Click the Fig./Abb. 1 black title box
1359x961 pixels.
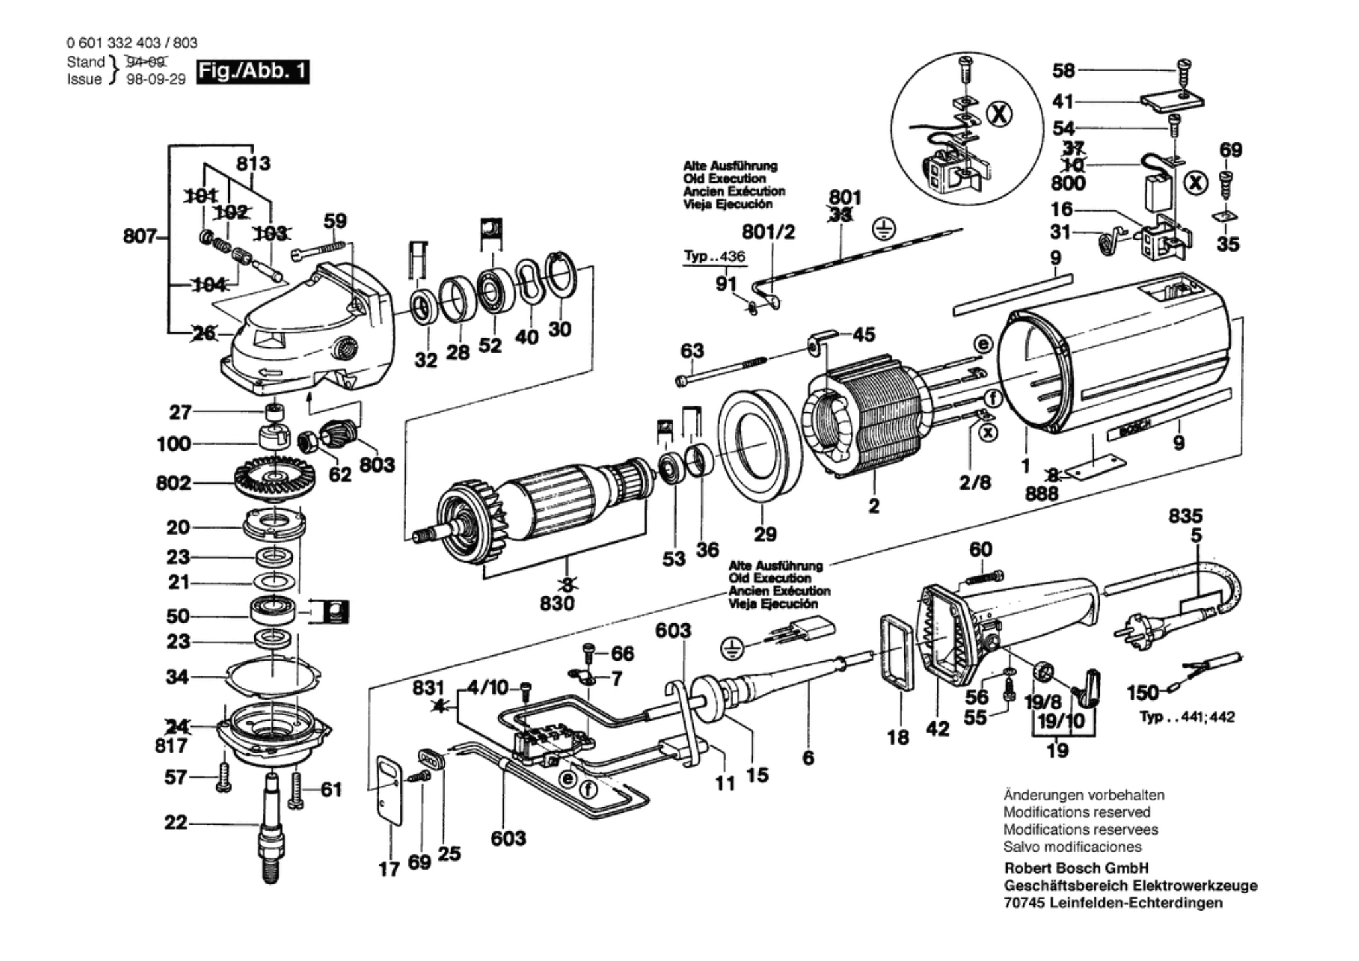click(x=253, y=71)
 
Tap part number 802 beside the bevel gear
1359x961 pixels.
click(x=173, y=483)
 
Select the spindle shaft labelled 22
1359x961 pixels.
click(x=271, y=827)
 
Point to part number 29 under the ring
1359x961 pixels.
click(x=765, y=534)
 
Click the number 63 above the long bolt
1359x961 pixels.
click(x=692, y=351)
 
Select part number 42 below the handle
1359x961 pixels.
click(x=937, y=729)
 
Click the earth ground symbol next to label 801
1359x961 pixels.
click(x=884, y=230)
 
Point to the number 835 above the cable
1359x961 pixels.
click(x=1185, y=516)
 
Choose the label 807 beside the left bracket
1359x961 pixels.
click(x=139, y=236)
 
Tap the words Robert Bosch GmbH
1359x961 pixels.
click(x=1076, y=868)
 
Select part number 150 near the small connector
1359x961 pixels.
click(x=1143, y=693)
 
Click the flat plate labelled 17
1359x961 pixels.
click(x=390, y=790)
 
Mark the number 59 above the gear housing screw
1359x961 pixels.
click(x=335, y=220)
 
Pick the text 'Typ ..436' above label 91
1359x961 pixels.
click(x=714, y=257)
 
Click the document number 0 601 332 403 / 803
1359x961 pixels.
click(x=132, y=43)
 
